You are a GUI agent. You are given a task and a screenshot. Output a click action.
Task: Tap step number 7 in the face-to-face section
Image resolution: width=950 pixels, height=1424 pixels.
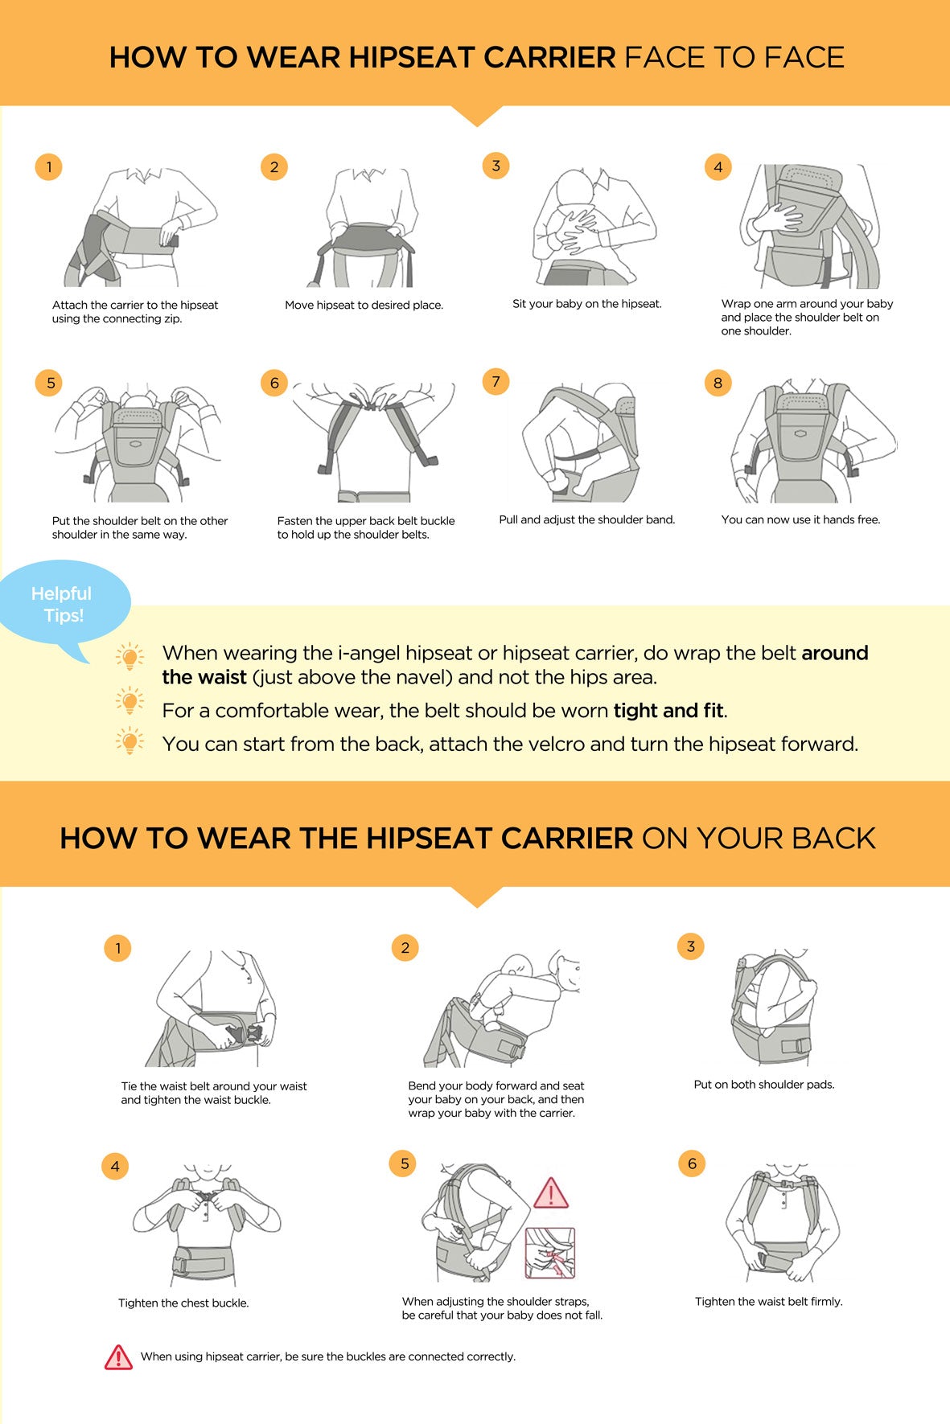coord(496,381)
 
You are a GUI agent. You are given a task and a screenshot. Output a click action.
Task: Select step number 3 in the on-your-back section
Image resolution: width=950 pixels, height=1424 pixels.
coord(690,946)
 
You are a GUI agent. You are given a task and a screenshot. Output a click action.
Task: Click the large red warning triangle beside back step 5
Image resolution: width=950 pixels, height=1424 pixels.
coord(551,1194)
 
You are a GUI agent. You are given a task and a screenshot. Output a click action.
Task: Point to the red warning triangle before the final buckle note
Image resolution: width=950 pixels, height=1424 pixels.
coord(118,1357)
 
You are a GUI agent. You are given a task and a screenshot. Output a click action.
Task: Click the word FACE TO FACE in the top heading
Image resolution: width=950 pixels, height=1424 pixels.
coord(734,57)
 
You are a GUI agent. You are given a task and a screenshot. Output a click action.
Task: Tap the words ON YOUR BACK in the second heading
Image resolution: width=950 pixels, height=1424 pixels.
coord(759,838)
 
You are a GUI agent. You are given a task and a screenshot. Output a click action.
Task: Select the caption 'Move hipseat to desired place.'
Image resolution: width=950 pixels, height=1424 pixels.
coord(364,305)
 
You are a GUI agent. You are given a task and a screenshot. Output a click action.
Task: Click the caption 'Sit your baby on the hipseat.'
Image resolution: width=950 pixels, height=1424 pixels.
coord(587,304)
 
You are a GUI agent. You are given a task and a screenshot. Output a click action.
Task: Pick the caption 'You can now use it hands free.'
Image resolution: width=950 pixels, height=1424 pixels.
coord(801,519)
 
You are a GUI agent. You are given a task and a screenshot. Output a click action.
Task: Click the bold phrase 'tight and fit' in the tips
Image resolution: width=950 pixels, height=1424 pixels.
coord(668,710)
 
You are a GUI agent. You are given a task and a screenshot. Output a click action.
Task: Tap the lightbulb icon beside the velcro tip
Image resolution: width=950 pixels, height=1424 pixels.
coord(130,741)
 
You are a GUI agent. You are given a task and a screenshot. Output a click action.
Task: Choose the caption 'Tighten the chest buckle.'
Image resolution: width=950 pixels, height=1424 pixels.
coord(183,1303)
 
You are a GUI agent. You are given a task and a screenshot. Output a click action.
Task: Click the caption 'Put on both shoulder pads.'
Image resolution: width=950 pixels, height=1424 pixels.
coord(764,1084)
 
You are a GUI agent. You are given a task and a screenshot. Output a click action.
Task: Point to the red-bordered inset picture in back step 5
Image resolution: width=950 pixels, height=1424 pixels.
coord(550,1253)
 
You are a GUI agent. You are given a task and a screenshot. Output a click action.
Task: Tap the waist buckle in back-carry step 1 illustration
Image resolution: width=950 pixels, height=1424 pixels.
coord(244,1033)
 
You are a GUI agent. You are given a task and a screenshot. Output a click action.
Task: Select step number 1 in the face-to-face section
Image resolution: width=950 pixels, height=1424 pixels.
coord(49,166)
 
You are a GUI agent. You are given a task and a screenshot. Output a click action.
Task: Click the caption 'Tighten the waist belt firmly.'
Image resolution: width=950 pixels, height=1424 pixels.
coord(769,1301)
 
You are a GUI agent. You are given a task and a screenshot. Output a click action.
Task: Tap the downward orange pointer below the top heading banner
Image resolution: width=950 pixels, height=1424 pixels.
coord(477,116)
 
